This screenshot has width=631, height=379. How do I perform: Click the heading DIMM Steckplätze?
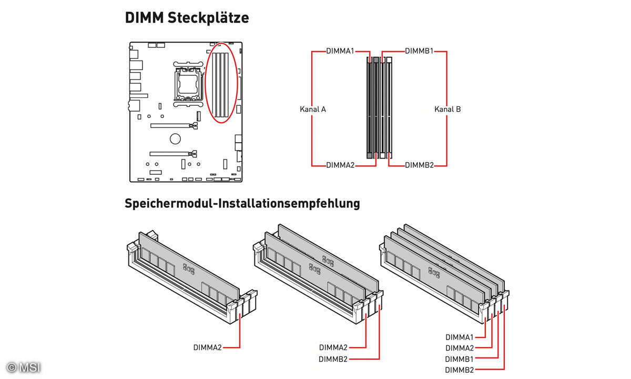(187, 17)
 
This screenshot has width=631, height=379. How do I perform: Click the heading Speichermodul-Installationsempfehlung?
(242, 204)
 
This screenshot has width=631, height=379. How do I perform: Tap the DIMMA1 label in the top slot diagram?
(340, 51)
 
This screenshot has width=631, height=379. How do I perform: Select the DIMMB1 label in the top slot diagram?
(419, 51)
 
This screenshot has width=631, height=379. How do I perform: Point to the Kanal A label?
(313, 109)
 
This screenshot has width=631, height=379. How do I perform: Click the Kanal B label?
(447, 109)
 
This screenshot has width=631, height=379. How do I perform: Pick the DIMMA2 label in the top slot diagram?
(340, 165)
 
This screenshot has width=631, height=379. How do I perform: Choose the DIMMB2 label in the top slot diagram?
(419, 165)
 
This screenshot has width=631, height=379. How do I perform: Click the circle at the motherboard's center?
(175, 139)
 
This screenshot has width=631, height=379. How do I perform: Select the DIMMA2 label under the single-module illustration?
(208, 347)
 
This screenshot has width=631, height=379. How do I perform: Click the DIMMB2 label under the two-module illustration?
(333, 359)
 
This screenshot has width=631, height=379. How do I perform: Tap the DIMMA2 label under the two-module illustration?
(333, 347)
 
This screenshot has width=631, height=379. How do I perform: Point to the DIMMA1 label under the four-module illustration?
(460, 337)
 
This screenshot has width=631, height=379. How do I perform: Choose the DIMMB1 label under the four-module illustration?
(460, 359)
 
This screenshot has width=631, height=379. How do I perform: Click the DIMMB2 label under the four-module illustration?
(460, 370)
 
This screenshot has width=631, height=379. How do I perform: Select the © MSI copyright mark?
(24, 367)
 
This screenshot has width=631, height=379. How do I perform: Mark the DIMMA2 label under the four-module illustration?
(460, 348)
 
